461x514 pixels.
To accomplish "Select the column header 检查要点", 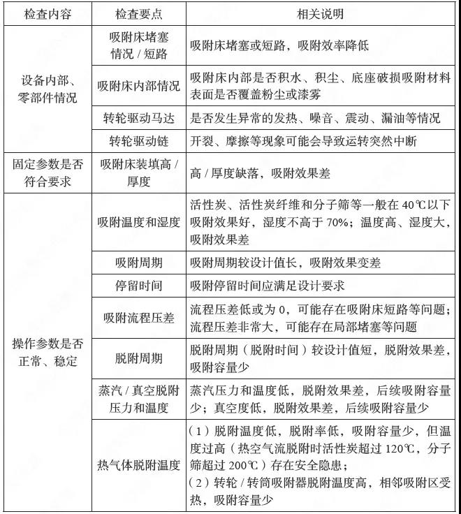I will click(x=138, y=13).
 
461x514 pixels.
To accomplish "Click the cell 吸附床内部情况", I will click(x=138, y=86).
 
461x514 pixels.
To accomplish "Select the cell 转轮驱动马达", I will click(x=138, y=118).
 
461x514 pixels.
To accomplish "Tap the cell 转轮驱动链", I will click(x=138, y=141).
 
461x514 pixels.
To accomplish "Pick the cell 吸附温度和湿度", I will click(x=138, y=223).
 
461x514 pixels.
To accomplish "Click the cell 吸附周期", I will click(x=138, y=263).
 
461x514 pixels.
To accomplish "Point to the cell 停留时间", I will click(x=138, y=286).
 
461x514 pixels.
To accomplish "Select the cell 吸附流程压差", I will click(x=138, y=318).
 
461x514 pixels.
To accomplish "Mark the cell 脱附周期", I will click(x=138, y=358).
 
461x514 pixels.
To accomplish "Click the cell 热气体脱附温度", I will click(x=138, y=464).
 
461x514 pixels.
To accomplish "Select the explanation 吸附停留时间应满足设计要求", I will click(x=267, y=286).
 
